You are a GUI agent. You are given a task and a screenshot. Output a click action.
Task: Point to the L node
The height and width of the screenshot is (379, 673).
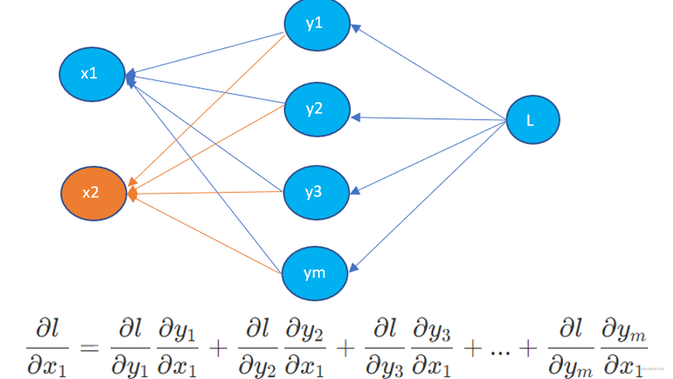533,120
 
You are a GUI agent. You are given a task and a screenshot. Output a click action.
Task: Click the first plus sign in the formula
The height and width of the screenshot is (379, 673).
218,348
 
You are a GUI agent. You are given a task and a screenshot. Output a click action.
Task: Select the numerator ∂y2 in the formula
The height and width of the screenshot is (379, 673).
304,331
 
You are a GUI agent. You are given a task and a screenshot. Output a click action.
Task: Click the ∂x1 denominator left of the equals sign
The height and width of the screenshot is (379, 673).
46,366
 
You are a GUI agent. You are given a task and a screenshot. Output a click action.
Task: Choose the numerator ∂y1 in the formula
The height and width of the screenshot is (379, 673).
177,331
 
